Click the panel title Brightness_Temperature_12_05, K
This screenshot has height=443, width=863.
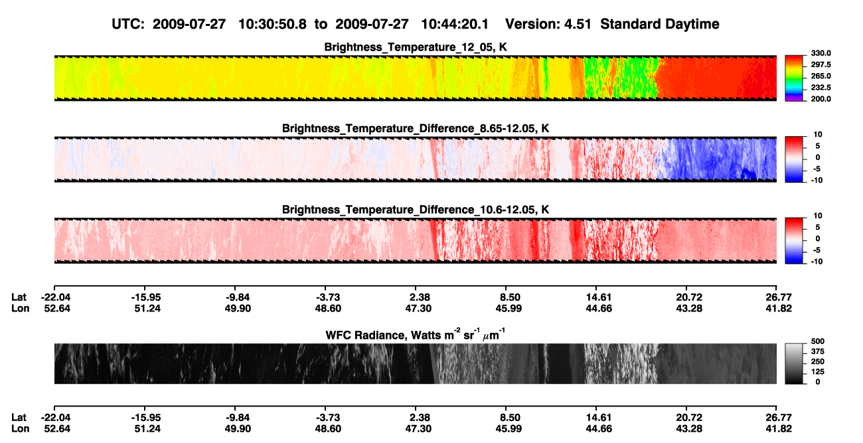[x=416, y=47]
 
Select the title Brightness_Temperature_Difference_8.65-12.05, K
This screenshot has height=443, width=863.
[x=416, y=128]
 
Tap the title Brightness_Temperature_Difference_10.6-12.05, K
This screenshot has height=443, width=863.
[x=416, y=210]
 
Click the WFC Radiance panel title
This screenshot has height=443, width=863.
[x=416, y=334]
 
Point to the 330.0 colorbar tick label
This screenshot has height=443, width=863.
[x=821, y=53]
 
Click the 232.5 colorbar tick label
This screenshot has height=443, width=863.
[x=821, y=88]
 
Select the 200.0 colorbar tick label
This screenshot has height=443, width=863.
[x=821, y=99]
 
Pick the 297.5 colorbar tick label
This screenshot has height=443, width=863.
[x=821, y=64]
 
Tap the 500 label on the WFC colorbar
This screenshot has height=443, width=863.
[x=818, y=341]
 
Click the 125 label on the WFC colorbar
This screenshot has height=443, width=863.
[x=818, y=372]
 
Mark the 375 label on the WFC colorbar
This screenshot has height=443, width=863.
[x=818, y=351]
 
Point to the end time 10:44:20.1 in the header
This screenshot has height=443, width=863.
[x=455, y=24]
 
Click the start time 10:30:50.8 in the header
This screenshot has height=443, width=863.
[x=272, y=24]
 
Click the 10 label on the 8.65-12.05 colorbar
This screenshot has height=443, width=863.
[x=818, y=135]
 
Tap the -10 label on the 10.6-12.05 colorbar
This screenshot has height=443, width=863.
[x=817, y=262]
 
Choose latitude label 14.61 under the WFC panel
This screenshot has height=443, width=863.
[x=598, y=417]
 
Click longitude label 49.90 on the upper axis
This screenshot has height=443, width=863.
[x=238, y=308]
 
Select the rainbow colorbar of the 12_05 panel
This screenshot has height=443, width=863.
[x=794, y=78]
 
